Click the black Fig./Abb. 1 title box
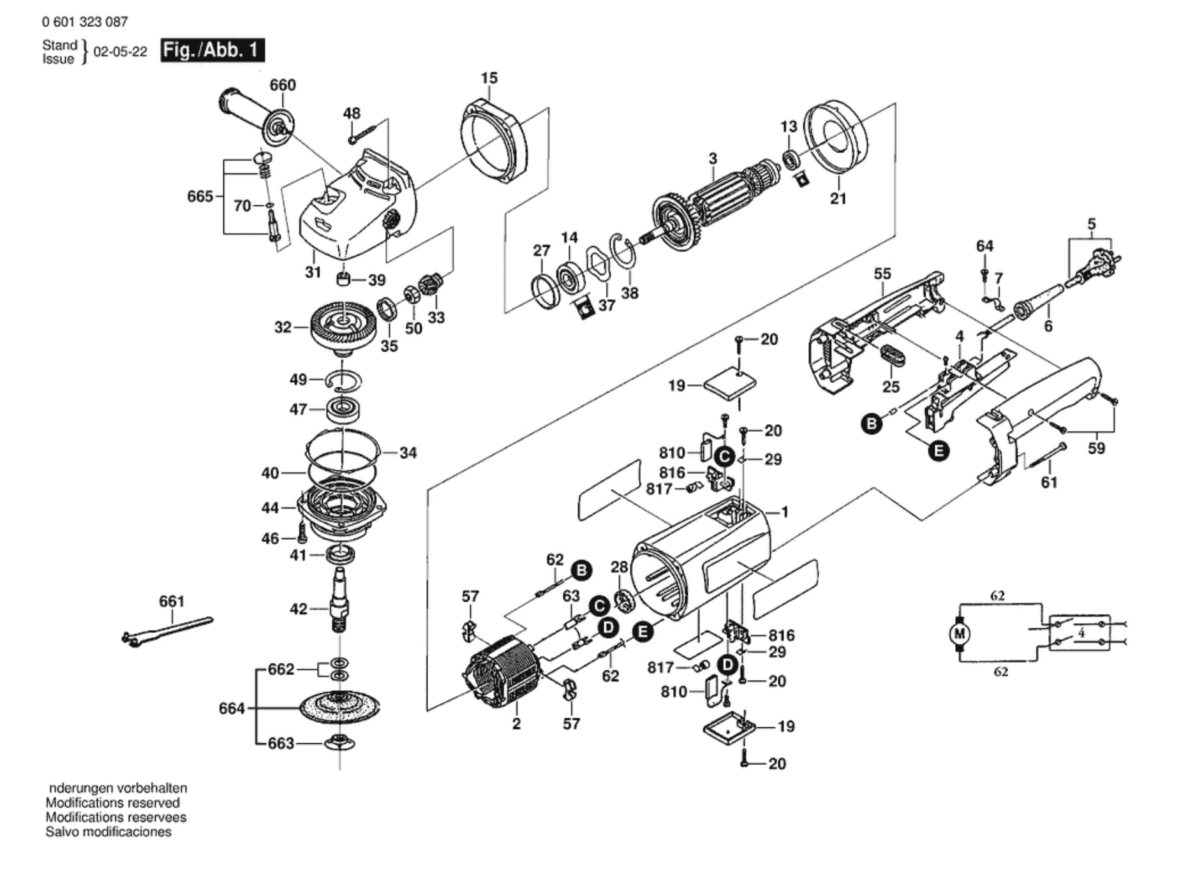coord(212,50)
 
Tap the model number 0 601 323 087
coord(85,22)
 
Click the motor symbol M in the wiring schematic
coord(960,634)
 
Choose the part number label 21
coord(838,198)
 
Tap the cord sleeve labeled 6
coord(1039,302)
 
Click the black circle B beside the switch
coord(871,423)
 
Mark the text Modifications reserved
coord(112,803)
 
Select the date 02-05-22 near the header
coord(121,52)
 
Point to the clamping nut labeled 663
coord(339,743)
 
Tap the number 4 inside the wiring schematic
coord(1081,633)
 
